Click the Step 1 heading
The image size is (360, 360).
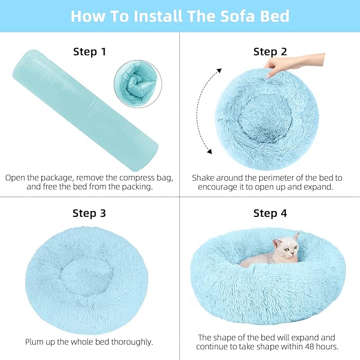pos(89,51)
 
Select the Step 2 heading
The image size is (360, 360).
pos(270,51)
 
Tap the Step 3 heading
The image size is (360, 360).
pos(89,213)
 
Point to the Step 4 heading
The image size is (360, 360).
pos(270,213)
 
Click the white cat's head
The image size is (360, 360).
pos(287,248)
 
